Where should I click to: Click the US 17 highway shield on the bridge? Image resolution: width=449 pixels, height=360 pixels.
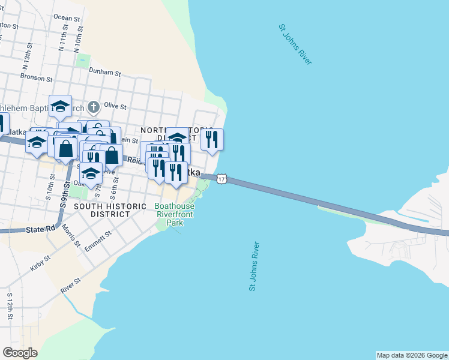[x=222, y=179]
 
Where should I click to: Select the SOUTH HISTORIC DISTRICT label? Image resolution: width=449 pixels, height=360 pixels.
[x=110, y=210]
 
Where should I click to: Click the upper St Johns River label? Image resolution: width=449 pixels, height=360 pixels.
[x=295, y=44]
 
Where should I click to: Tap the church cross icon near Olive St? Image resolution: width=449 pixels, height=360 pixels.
[x=93, y=107]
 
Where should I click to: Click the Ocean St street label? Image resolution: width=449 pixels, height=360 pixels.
[x=67, y=17]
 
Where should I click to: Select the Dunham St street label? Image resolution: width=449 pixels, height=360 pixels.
[x=105, y=73]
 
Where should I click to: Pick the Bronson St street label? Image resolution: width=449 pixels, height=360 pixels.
[x=37, y=77]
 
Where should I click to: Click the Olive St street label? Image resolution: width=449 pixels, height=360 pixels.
[x=115, y=106]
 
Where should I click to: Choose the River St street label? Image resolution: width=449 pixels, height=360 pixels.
[x=70, y=285]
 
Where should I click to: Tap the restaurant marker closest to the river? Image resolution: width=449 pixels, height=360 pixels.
[x=212, y=139]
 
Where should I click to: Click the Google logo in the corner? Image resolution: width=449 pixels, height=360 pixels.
[x=20, y=353]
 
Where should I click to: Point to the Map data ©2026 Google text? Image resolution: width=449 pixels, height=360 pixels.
[x=412, y=355]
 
